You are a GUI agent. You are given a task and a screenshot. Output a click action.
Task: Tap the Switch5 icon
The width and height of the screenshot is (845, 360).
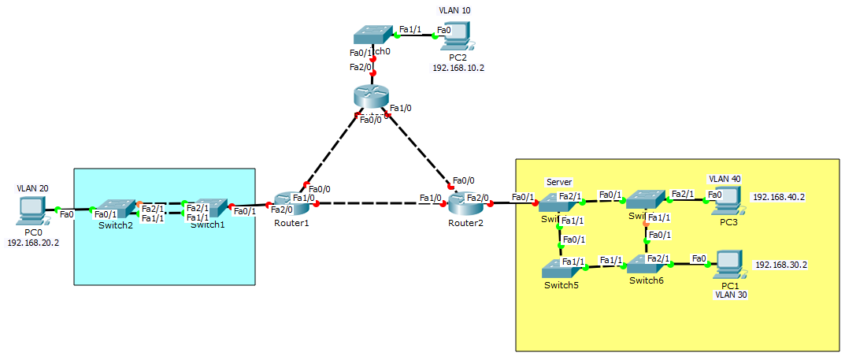point(561,269)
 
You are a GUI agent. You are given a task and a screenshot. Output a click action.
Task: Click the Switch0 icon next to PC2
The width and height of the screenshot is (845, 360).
point(372,35)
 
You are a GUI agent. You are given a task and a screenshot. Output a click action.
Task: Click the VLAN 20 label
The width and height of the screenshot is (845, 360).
point(32,189)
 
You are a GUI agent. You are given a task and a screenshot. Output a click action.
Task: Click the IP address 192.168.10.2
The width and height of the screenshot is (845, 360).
point(458,69)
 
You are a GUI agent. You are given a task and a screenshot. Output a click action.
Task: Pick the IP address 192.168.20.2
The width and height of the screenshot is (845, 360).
point(33,243)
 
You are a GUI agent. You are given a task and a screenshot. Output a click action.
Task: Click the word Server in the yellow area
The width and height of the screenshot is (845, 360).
point(558,182)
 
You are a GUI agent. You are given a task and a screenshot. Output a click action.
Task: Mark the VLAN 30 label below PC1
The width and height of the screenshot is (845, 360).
point(730,295)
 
